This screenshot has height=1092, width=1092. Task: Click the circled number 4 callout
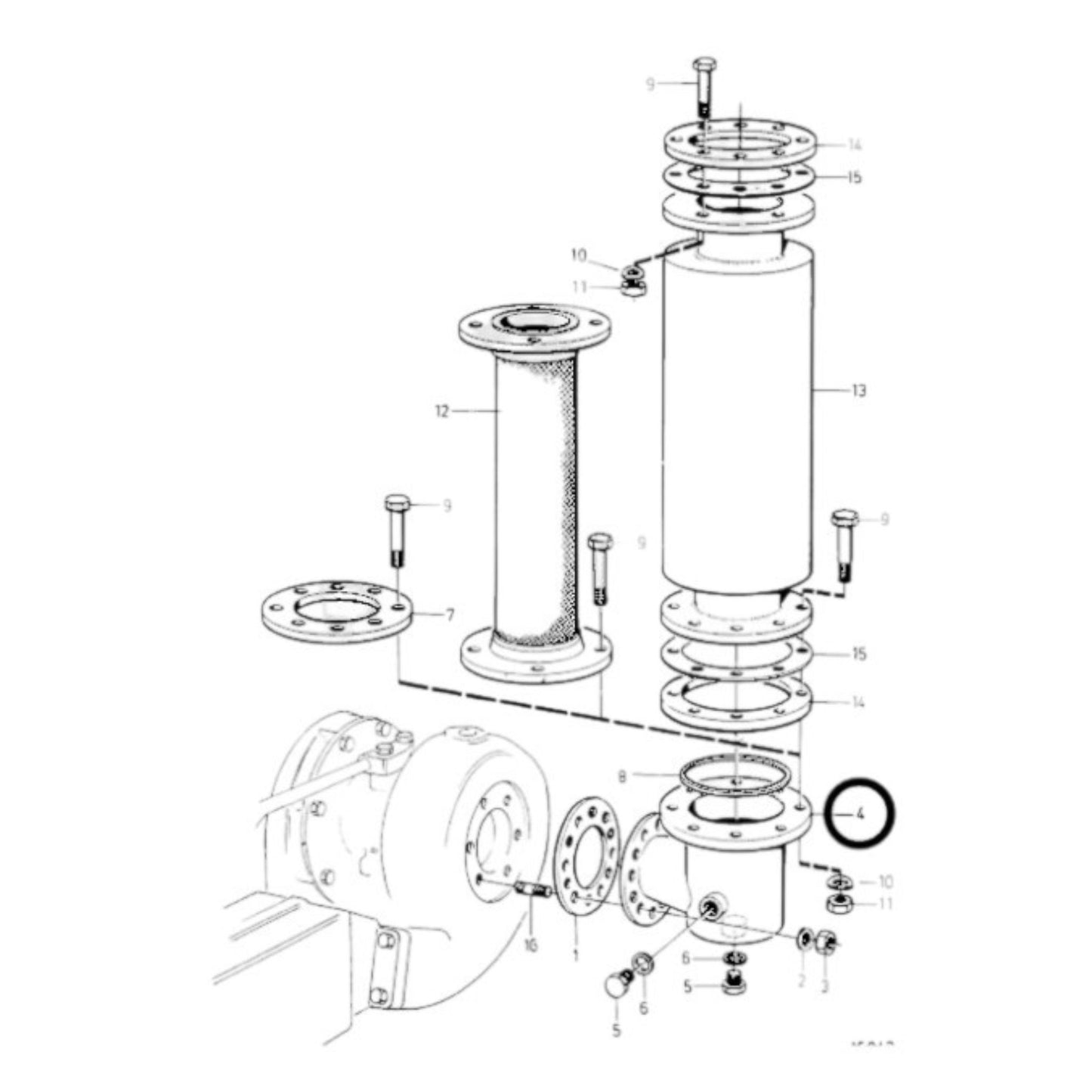(x=859, y=815)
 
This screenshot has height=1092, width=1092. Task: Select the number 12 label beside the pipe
(x=441, y=411)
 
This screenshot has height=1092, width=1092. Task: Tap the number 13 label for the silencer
(x=858, y=391)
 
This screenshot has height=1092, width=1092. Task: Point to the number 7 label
(x=450, y=615)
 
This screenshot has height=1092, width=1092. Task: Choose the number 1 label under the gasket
(x=575, y=956)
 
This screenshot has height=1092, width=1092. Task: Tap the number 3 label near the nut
(x=825, y=985)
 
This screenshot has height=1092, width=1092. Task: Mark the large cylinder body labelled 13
(x=737, y=423)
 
